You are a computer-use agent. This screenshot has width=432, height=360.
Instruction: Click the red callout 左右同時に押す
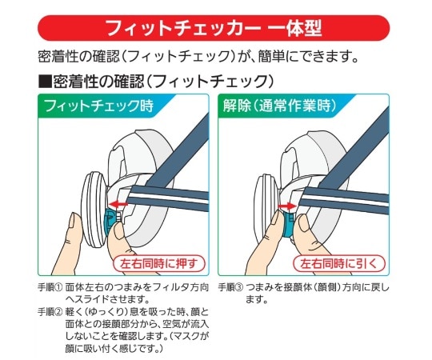164,262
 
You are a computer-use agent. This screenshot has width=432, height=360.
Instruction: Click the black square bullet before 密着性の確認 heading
45,81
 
